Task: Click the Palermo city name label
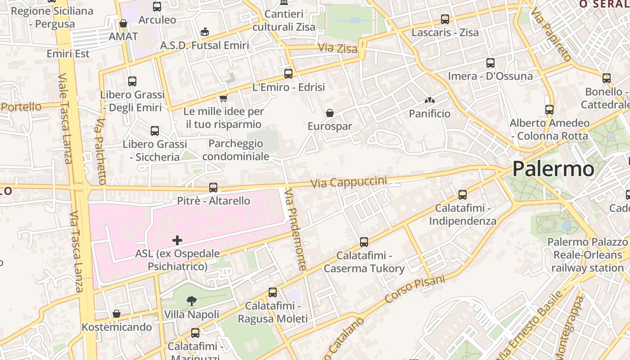tap(553, 169)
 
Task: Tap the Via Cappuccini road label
tap(349, 182)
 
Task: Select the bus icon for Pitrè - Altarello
tap(213, 187)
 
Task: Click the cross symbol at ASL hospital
tap(177, 240)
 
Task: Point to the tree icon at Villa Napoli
tap(192, 301)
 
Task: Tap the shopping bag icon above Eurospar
tap(330, 112)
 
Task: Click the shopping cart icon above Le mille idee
tap(223, 98)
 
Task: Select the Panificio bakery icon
tap(429, 100)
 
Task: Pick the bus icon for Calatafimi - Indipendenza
tap(462, 195)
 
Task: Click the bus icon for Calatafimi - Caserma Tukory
tap(364, 242)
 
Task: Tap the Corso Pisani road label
tap(414, 288)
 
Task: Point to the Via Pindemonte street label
tap(296, 229)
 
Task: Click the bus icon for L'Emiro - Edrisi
tap(288, 73)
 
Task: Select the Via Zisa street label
tap(337, 48)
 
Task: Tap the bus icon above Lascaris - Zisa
tap(445, 19)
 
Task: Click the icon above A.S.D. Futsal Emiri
tap(205, 31)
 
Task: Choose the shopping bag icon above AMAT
tap(123, 23)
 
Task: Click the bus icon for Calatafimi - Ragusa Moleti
tap(273, 292)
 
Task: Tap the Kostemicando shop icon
tap(117, 313)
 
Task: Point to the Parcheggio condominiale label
tap(236, 150)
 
